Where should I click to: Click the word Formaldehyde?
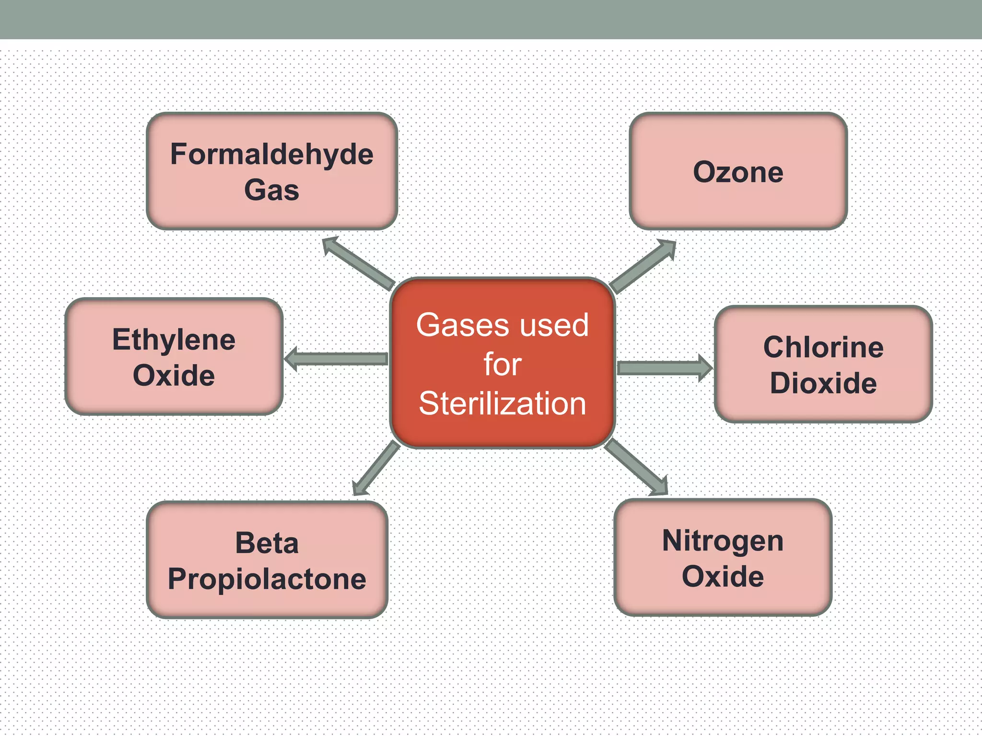pyautogui.click(x=271, y=155)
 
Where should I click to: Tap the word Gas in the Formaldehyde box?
pyautogui.click(x=271, y=190)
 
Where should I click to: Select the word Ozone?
pyautogui.click(x=738, y=172)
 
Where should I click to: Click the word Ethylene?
pyautogui.click(x=174, y=340)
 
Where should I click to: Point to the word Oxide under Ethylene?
pyautogui.click(x=174, y=375)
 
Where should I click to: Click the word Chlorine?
pyautogui.click(x=823, y=347)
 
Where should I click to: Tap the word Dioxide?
pyautogui.click(x=823, y=383)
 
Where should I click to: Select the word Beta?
pyautogui.click(x=267, y=543)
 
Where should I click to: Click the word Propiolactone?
pyautogui.click(x=267, y=579)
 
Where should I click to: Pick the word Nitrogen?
pyautogui.click(x=723, y=541)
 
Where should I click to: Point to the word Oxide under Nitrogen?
pyautogui.click(x=723, y=576)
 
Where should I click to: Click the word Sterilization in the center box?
pyautogui.click(x=502, y=403)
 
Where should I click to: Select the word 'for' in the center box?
pyautogui.click(x=502, y=365)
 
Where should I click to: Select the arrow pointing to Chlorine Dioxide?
pyautogui.click(x=664, y=368)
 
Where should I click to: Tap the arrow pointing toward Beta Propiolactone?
pyautogui.click(x=376, y=469)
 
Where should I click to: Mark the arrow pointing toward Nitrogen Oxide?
pyautogui.click(x=636, y=468)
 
